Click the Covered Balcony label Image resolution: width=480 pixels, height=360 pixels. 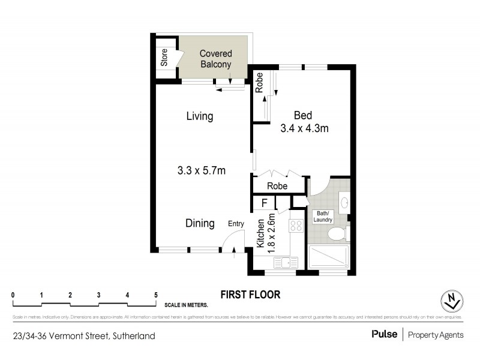(215, 59)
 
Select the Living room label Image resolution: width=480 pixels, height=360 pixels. (199, 116)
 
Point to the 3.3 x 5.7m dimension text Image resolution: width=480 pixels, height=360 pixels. (201, 170)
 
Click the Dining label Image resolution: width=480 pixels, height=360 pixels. (199, 223)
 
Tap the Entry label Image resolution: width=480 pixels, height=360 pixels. (236, 224)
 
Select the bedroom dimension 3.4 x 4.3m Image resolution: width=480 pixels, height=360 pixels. (304, 128)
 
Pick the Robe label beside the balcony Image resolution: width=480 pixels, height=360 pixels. (259, 82)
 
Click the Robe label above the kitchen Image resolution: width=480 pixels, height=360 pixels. (277, 187)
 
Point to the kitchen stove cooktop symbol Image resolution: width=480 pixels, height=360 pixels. (297, 226)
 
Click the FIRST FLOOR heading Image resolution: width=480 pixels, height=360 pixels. (250, 295)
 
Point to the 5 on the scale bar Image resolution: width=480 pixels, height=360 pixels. (156, 295)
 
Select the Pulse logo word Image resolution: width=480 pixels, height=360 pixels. (384, 335)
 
